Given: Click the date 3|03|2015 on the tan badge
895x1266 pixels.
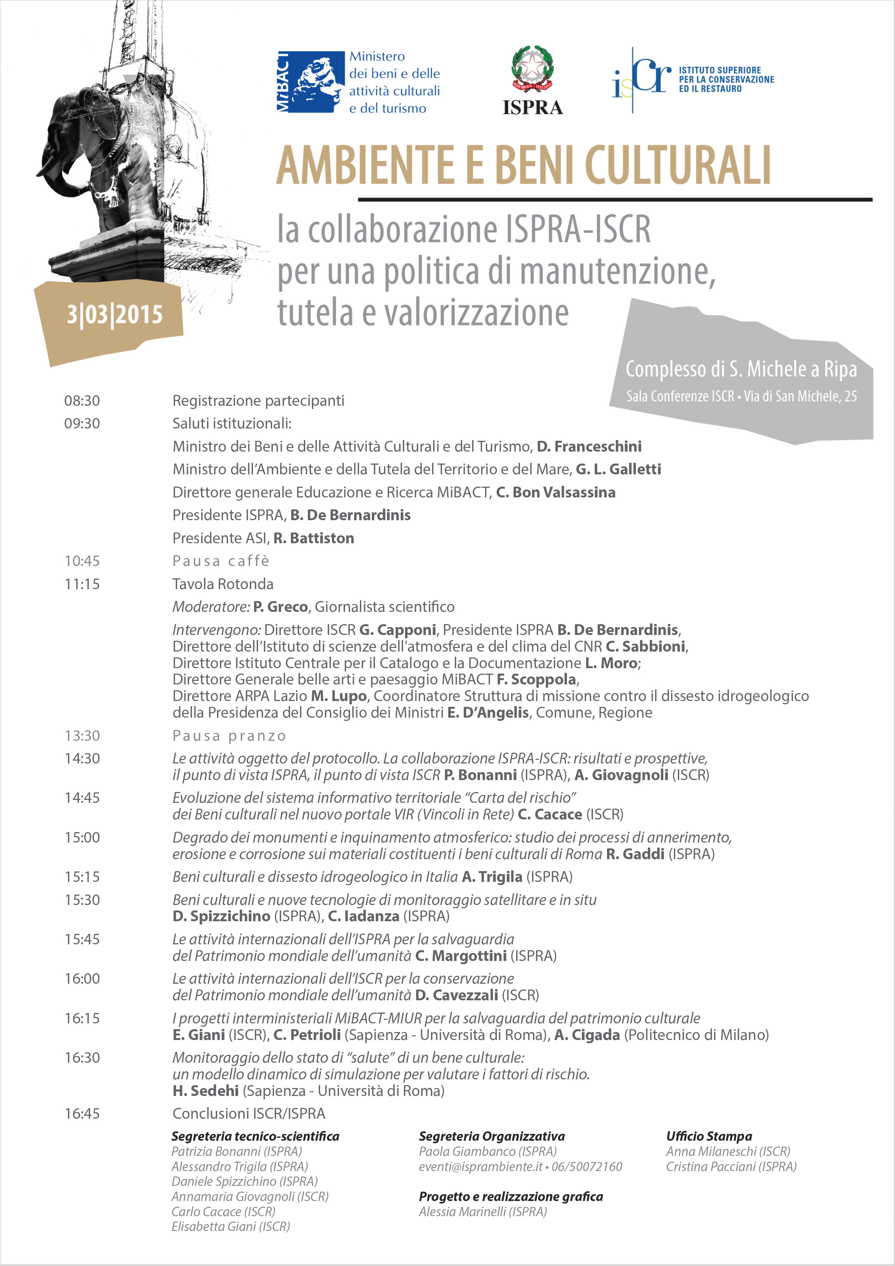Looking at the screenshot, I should coord(115,315).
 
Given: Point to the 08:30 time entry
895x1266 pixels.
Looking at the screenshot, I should coord(82,401).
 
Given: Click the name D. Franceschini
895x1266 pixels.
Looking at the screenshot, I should coord(589,447).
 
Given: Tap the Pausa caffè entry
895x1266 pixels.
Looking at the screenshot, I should coord(221,561).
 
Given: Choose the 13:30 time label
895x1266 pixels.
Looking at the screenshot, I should coord(82,736).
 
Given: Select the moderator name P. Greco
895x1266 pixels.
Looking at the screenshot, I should coord(280,607).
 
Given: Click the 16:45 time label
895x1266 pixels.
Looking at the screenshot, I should coord(82,1114).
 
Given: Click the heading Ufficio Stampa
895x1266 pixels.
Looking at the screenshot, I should coord(709,1136).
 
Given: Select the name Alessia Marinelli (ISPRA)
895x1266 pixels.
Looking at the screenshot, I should coord(483,1212).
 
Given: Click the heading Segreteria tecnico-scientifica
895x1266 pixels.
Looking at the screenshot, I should coord(255,1136).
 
